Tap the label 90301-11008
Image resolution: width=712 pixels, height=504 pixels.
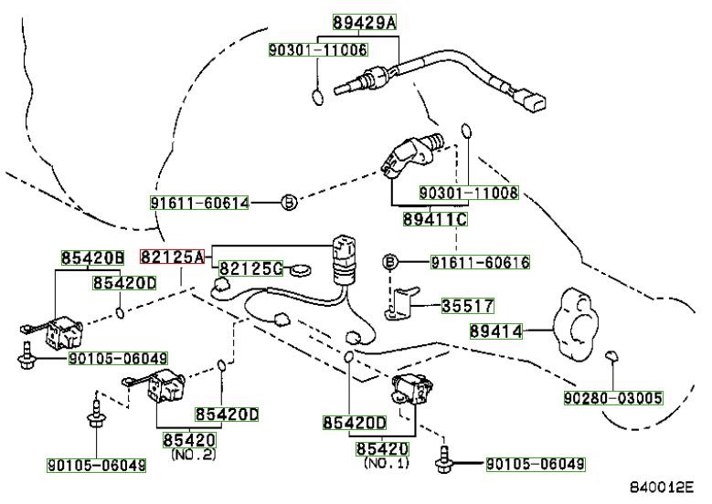point(468,194)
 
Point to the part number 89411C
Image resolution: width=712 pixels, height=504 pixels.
point(435,219)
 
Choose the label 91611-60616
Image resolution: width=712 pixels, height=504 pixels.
point(481,263)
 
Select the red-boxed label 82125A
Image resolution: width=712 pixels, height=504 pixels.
point(172,257)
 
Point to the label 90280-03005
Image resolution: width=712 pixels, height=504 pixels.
point(613,398)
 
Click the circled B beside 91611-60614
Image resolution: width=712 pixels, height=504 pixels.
point(288,203)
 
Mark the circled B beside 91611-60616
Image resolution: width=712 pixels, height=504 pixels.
point(389,262)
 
